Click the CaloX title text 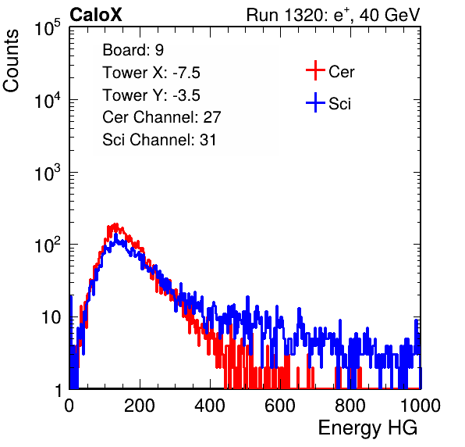96,15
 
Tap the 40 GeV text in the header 389,15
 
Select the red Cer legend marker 315,70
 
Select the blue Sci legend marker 315,102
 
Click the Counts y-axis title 11,61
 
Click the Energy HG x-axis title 367,428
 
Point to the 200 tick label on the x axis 140,406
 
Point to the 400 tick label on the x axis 210,406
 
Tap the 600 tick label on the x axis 280,406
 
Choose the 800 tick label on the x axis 350,406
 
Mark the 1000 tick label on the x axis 421,406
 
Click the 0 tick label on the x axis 69,406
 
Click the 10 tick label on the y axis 51,317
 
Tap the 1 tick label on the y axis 58,390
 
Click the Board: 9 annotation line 133,50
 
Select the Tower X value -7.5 186,73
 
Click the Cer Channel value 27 212,117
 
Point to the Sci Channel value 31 208,140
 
